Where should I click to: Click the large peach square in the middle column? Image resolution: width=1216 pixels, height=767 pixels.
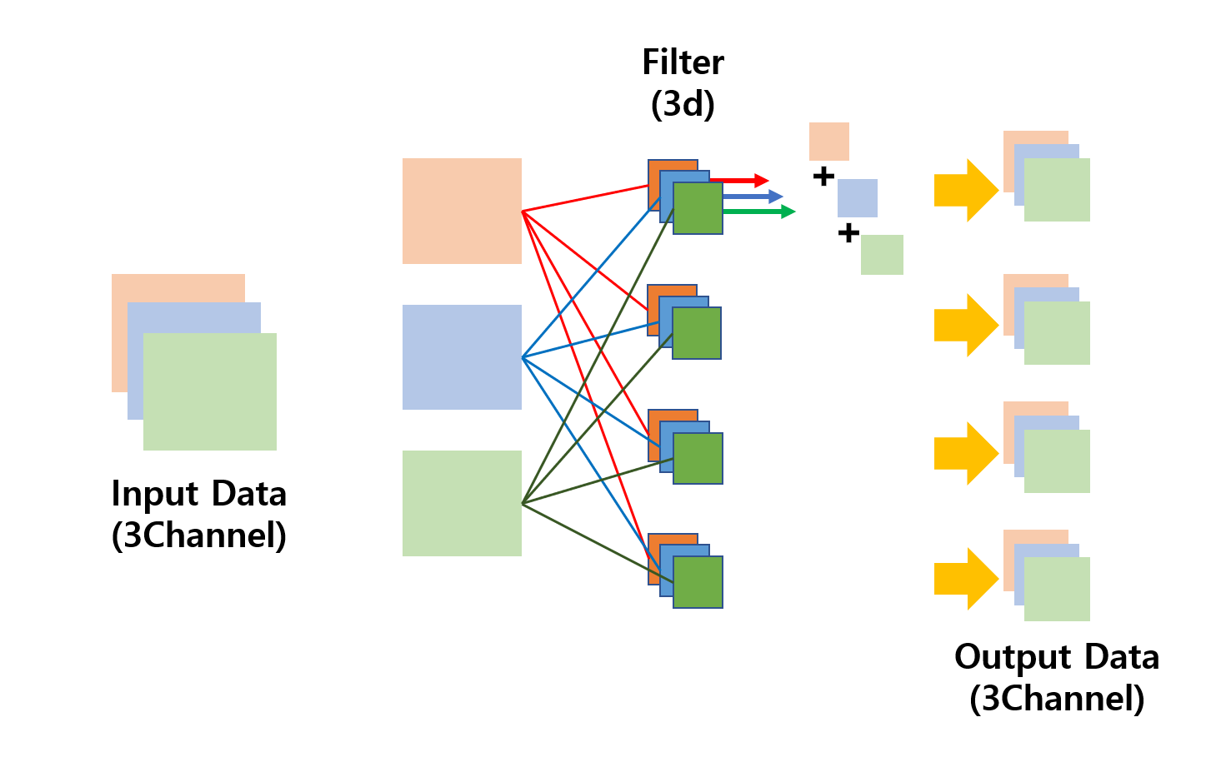coord(462,211)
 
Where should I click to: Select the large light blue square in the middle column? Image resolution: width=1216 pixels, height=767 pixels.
coord(462,357)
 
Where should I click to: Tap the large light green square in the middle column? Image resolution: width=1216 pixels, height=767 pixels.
coord(462,503)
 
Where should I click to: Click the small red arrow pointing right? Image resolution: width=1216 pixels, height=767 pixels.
coord(742,181)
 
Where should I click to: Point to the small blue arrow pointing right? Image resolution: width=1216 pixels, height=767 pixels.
coord(754,197)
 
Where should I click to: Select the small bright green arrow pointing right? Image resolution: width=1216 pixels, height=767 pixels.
coord(760,212)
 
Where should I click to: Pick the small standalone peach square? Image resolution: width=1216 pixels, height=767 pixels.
coord(829,142)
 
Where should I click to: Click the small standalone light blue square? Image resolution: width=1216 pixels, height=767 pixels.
coord(858,198)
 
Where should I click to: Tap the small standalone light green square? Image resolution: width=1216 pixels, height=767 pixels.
coord(882,255)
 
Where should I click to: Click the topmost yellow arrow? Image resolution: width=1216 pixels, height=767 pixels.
coord(966,191)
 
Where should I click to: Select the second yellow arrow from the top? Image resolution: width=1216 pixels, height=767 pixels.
coord(966,326)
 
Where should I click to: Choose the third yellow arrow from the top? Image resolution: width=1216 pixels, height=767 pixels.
coord(966,454)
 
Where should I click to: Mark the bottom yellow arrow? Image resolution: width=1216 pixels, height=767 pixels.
coord(966,579)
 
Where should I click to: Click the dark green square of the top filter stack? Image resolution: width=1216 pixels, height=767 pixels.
coord(698,208)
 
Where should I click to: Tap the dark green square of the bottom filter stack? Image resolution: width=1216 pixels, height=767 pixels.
coord(698,582)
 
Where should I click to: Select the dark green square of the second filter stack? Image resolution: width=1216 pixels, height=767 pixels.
coord(697,333)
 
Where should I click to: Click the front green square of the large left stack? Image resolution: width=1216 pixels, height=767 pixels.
coord(210,391)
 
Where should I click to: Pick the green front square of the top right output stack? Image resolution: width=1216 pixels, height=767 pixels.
coord(1057,190)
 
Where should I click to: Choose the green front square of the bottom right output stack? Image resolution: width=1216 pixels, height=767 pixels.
coord(1057,589)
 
